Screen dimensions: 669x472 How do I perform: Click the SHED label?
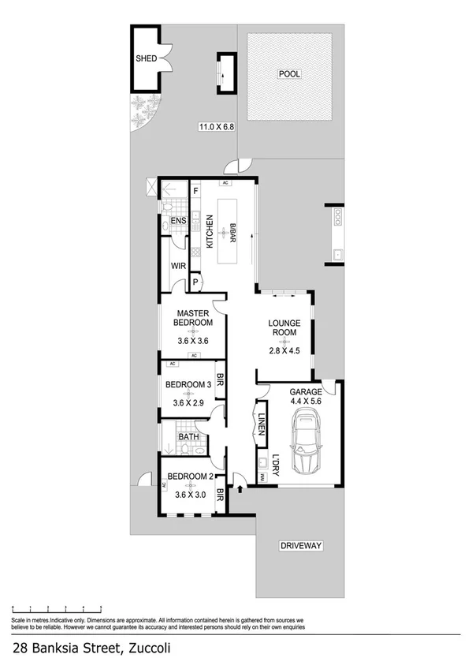pyautogui.click(x=147, y=58)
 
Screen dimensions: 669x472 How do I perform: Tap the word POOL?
pyautogui.click(x=289, y=73)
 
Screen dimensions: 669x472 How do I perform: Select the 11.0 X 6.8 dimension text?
pyautogui.click(x=216, y=126)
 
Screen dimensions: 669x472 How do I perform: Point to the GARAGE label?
pyautogui.click(x=305, y=391)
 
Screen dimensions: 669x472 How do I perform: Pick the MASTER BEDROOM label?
pyautogui.click(x=193, y=317)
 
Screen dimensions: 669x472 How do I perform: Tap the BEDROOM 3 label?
pyautogui.click(x=188, y=384)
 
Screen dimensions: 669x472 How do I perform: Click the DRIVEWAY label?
pyautogui.click(x=303, y=546)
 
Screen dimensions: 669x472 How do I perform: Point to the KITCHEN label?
pyautogui.click(x=210, y=232)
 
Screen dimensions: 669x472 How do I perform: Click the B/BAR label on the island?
pyautogui.click(x=233, y=231)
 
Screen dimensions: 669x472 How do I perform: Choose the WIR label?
pyautogui.click(x=177, y=266)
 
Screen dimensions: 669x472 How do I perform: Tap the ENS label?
pyautogui.click(x=177, y=221)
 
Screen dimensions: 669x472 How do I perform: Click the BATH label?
pyautogui.click(x=188, y=436)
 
